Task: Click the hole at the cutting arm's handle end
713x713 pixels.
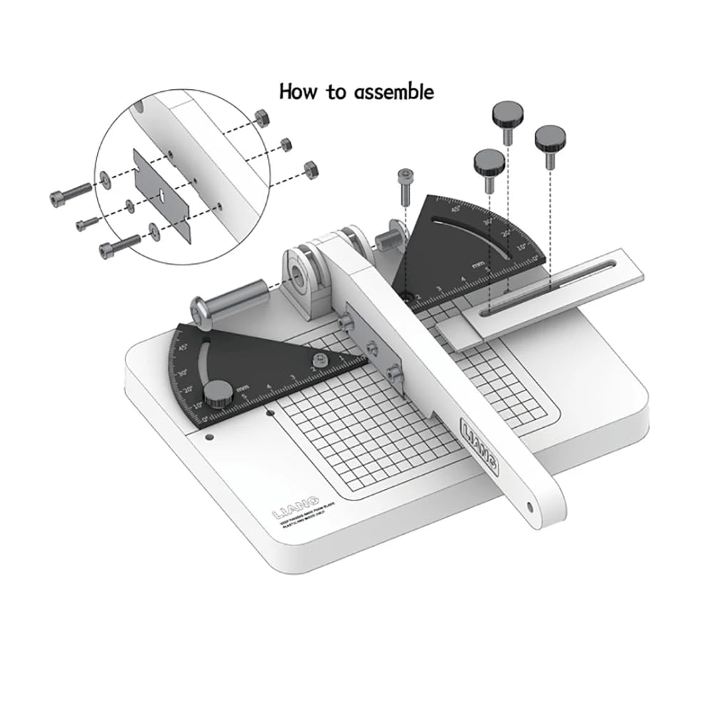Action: coord(529,508)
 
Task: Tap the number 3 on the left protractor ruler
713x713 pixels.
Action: coord(292,377)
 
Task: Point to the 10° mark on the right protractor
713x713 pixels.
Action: coord(520,247)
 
